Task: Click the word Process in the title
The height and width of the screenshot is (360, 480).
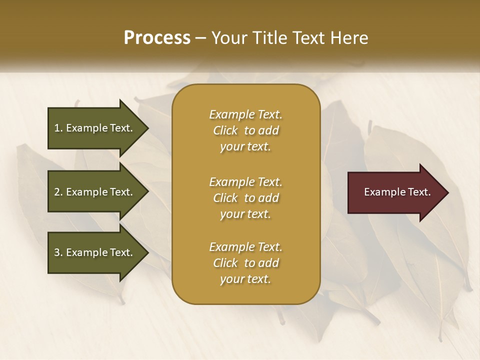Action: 157,38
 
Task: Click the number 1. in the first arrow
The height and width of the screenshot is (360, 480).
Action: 58,128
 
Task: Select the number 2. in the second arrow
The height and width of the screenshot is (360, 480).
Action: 58,192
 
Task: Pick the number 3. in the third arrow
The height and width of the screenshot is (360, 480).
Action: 58,252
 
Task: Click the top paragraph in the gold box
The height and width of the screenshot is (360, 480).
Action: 245,130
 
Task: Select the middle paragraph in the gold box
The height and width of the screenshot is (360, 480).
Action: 245,198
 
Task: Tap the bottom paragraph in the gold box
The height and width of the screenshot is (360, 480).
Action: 245,263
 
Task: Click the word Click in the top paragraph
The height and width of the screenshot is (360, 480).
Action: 225,130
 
